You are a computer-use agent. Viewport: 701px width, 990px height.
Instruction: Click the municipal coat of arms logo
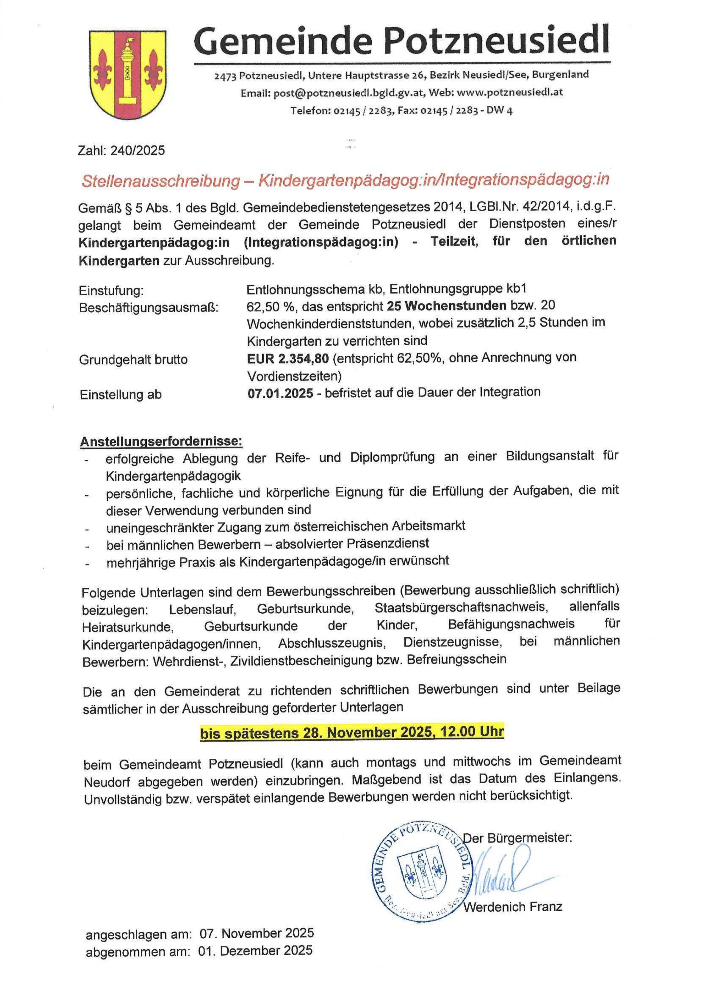128,74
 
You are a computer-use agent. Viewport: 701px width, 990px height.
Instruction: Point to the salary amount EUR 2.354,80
288,358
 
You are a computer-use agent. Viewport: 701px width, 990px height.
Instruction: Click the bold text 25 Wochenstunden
446,306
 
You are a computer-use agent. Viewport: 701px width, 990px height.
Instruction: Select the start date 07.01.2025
280,393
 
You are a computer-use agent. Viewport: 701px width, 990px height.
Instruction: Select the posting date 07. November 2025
257,942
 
